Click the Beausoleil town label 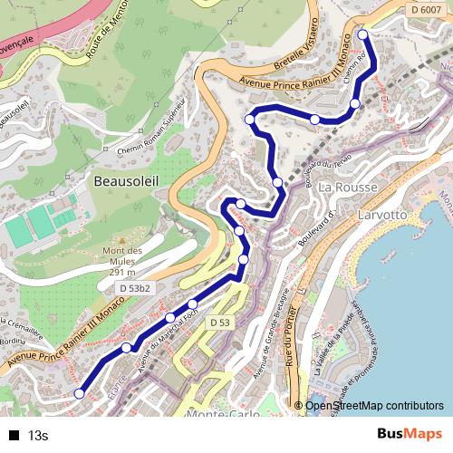126,181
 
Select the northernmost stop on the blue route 363,34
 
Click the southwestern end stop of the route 80,393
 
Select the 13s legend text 38,436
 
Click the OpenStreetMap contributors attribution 373,406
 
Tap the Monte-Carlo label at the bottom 217,414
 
